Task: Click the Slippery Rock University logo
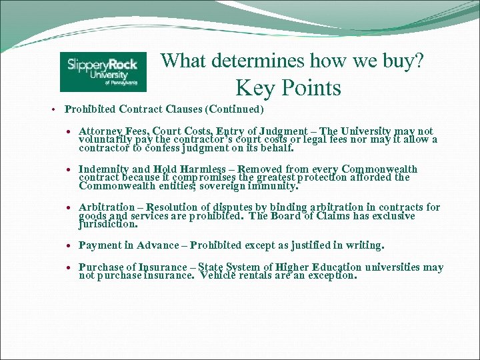103,71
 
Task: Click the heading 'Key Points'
288,88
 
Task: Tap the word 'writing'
363,245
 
